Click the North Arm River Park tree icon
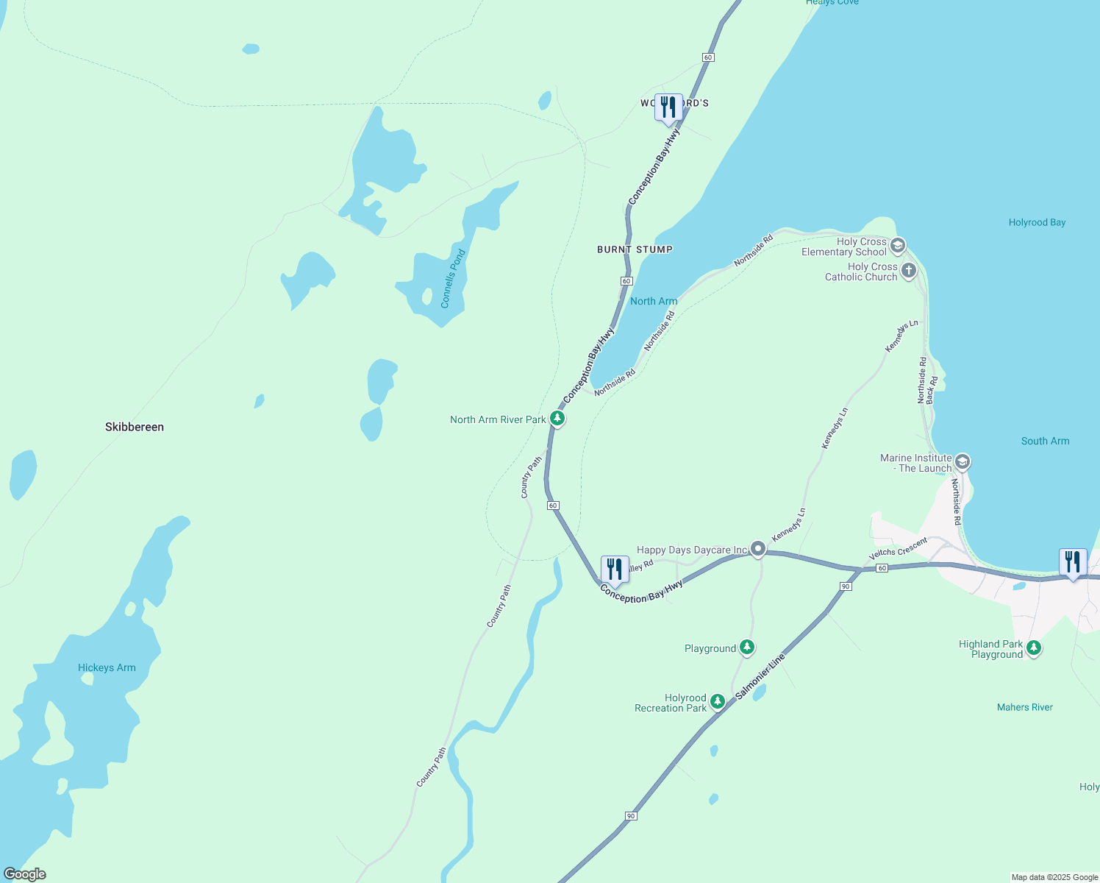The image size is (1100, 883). (x=557, y=419)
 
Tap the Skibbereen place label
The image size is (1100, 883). (x=135, y=427)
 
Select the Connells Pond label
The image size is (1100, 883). (x=453, y=279)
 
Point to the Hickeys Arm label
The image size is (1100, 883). (x=107, y=667)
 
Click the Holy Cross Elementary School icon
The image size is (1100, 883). (x=897, y=245)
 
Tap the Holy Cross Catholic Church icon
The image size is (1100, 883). (x=909, y=271)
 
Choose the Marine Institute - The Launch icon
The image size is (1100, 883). (x=963, y=462)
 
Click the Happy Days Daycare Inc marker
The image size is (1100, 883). (x=758, y=549)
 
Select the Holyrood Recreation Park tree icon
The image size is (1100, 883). (x=718, y=702)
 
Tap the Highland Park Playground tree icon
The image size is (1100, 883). (x=1034, y=648)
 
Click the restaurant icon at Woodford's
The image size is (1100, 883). (x=668, y=107)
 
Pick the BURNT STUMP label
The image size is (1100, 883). (x=635, y=249)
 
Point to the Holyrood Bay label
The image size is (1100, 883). (x=1037, y=222)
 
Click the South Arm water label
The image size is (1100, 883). (x=1045, y=441)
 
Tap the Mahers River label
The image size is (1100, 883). (x=1024, y=707)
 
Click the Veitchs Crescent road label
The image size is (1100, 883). (x=898, y=549)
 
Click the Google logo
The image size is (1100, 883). (x=25, y=874)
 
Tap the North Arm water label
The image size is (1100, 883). (x=654, y=301)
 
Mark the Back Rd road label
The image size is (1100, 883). (x=932, y=390)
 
